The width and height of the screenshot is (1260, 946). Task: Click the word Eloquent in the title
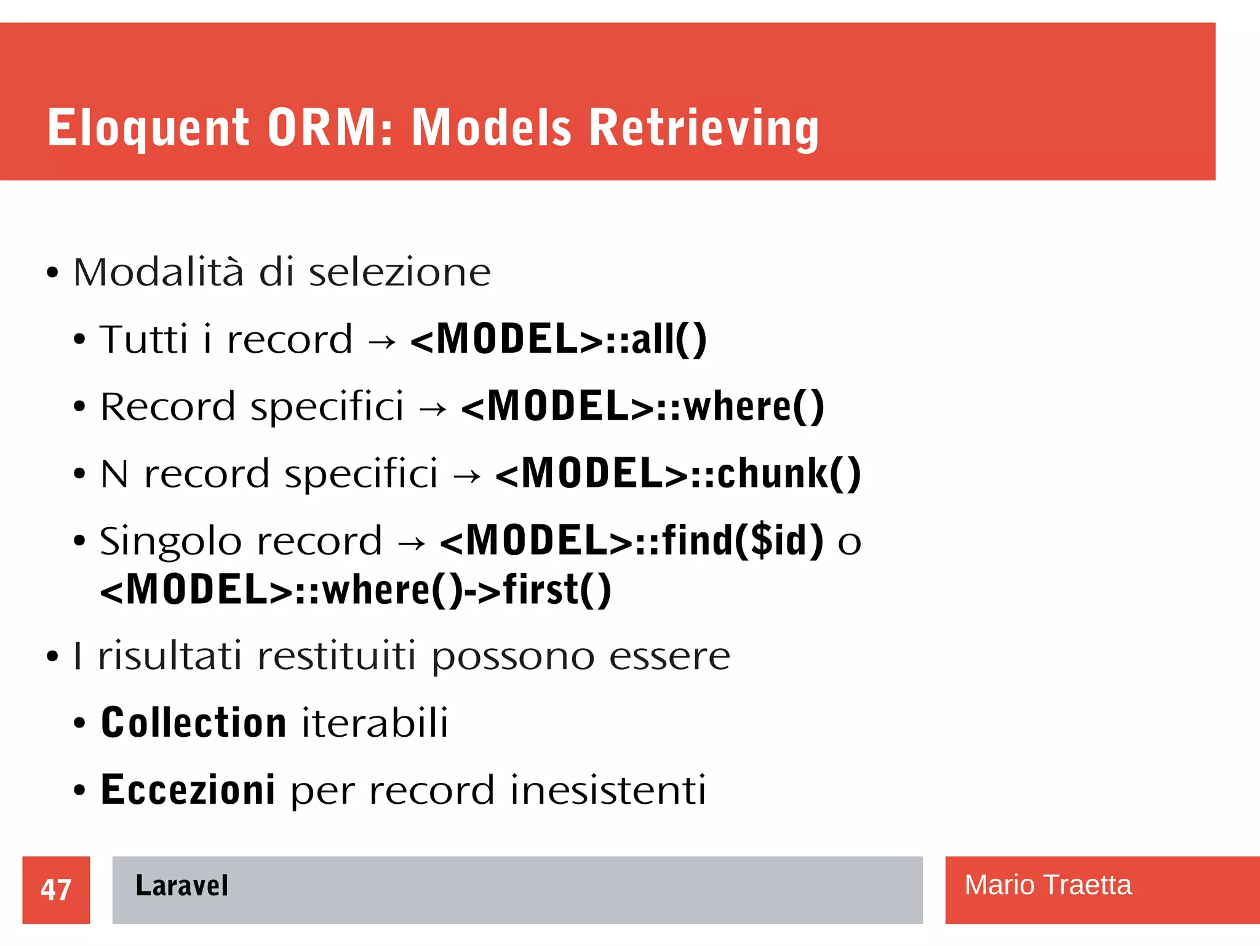tap(148, 128)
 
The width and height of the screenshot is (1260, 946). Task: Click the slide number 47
tap(56, 889)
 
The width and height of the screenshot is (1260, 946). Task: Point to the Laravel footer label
tap(181, 886)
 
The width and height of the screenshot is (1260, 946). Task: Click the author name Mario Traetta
tap(1047, 885)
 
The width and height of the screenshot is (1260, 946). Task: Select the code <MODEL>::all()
tap(558, 339)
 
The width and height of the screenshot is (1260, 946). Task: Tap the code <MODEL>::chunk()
tap(677, 474)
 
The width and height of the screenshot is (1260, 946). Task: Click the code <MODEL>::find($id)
tap(631, 541)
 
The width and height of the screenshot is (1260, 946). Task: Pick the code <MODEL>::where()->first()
tap(356, 590)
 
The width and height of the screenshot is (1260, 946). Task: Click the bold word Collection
tap(193, 723)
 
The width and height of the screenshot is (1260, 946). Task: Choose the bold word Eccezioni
tap(188, 790)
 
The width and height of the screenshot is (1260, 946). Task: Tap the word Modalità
tap(158, 272)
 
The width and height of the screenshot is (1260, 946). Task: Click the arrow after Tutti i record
tap(381, 342)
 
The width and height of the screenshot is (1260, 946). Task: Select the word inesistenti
tap(608, 790)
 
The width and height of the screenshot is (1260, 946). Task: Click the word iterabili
tap(375, 723)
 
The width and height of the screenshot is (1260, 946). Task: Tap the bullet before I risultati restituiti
tap(52, 657)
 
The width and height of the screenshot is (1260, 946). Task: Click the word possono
tap(512, 657)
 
